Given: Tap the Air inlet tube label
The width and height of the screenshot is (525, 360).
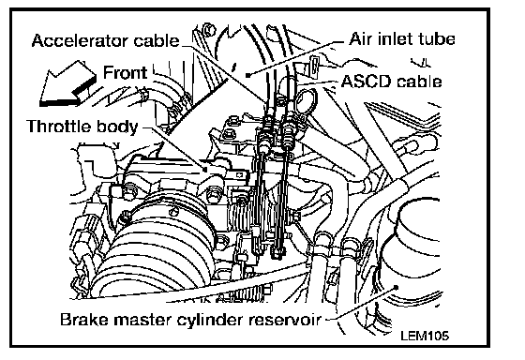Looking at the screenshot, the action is point(402,39).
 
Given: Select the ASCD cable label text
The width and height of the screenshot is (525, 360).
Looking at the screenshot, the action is point(392,82).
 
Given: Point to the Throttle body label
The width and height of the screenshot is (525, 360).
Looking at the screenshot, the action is point(82,127).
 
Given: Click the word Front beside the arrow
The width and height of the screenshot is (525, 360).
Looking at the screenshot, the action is point(125,73).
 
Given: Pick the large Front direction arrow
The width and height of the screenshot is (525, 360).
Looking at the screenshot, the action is point(67,84).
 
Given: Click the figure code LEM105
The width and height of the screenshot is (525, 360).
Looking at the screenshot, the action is point(425,336).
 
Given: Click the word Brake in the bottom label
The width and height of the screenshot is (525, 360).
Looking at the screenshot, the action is point(85,320).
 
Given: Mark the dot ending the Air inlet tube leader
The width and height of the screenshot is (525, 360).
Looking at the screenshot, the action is point(247,75).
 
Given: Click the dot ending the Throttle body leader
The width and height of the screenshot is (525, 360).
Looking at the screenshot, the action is point(207,170).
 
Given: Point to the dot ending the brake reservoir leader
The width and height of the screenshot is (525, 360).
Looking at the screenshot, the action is point(396,287).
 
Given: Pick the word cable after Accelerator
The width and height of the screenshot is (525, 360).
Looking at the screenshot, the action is point(157,41).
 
